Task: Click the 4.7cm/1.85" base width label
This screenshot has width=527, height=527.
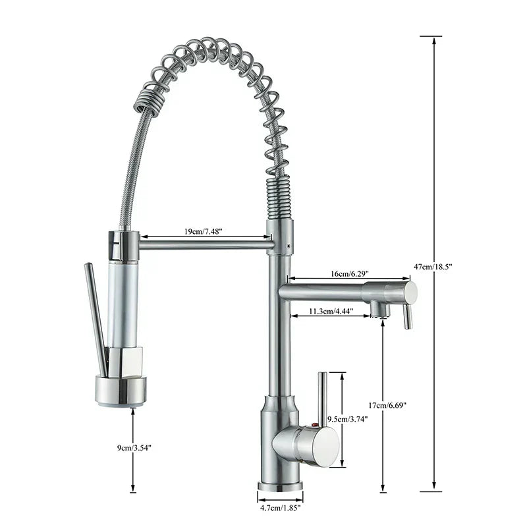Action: click(x=281, y=508)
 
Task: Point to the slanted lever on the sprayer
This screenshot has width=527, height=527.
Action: click(x=96, y=316)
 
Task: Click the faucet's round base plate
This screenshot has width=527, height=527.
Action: click(x=281, y=488)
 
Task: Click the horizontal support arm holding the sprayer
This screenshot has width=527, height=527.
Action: click(x=204, y=245)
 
